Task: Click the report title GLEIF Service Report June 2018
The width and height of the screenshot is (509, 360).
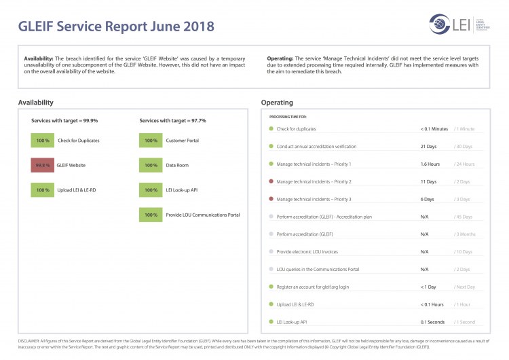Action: coord(116,26)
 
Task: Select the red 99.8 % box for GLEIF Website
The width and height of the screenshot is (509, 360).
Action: coord(43,165)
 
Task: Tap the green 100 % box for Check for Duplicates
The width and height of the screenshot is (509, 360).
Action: coord(43,140)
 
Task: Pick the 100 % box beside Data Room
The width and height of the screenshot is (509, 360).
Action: coord(151,165)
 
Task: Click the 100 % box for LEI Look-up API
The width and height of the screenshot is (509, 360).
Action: coord(151,190)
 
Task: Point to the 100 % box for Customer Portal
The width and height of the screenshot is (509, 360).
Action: coord(151,140)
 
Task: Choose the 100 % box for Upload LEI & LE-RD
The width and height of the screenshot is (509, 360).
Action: coord(43,190)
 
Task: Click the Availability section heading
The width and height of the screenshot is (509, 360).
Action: coord(36,103)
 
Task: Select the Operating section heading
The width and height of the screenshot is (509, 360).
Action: coord(277,103)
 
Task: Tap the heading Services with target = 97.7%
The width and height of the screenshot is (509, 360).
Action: coord(173,120)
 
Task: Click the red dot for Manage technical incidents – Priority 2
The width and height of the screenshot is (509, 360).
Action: coord(271,181)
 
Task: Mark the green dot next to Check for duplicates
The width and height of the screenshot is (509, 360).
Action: coord(271,128)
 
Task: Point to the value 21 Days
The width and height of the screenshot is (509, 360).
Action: coord(428,147)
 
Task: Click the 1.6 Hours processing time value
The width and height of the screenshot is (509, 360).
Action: coord(430,164)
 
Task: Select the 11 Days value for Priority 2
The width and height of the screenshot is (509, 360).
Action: coord(428,182)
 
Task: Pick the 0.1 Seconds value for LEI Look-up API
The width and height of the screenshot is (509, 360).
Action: coord(433,322)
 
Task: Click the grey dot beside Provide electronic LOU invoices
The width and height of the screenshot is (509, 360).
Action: coord(271,251)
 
